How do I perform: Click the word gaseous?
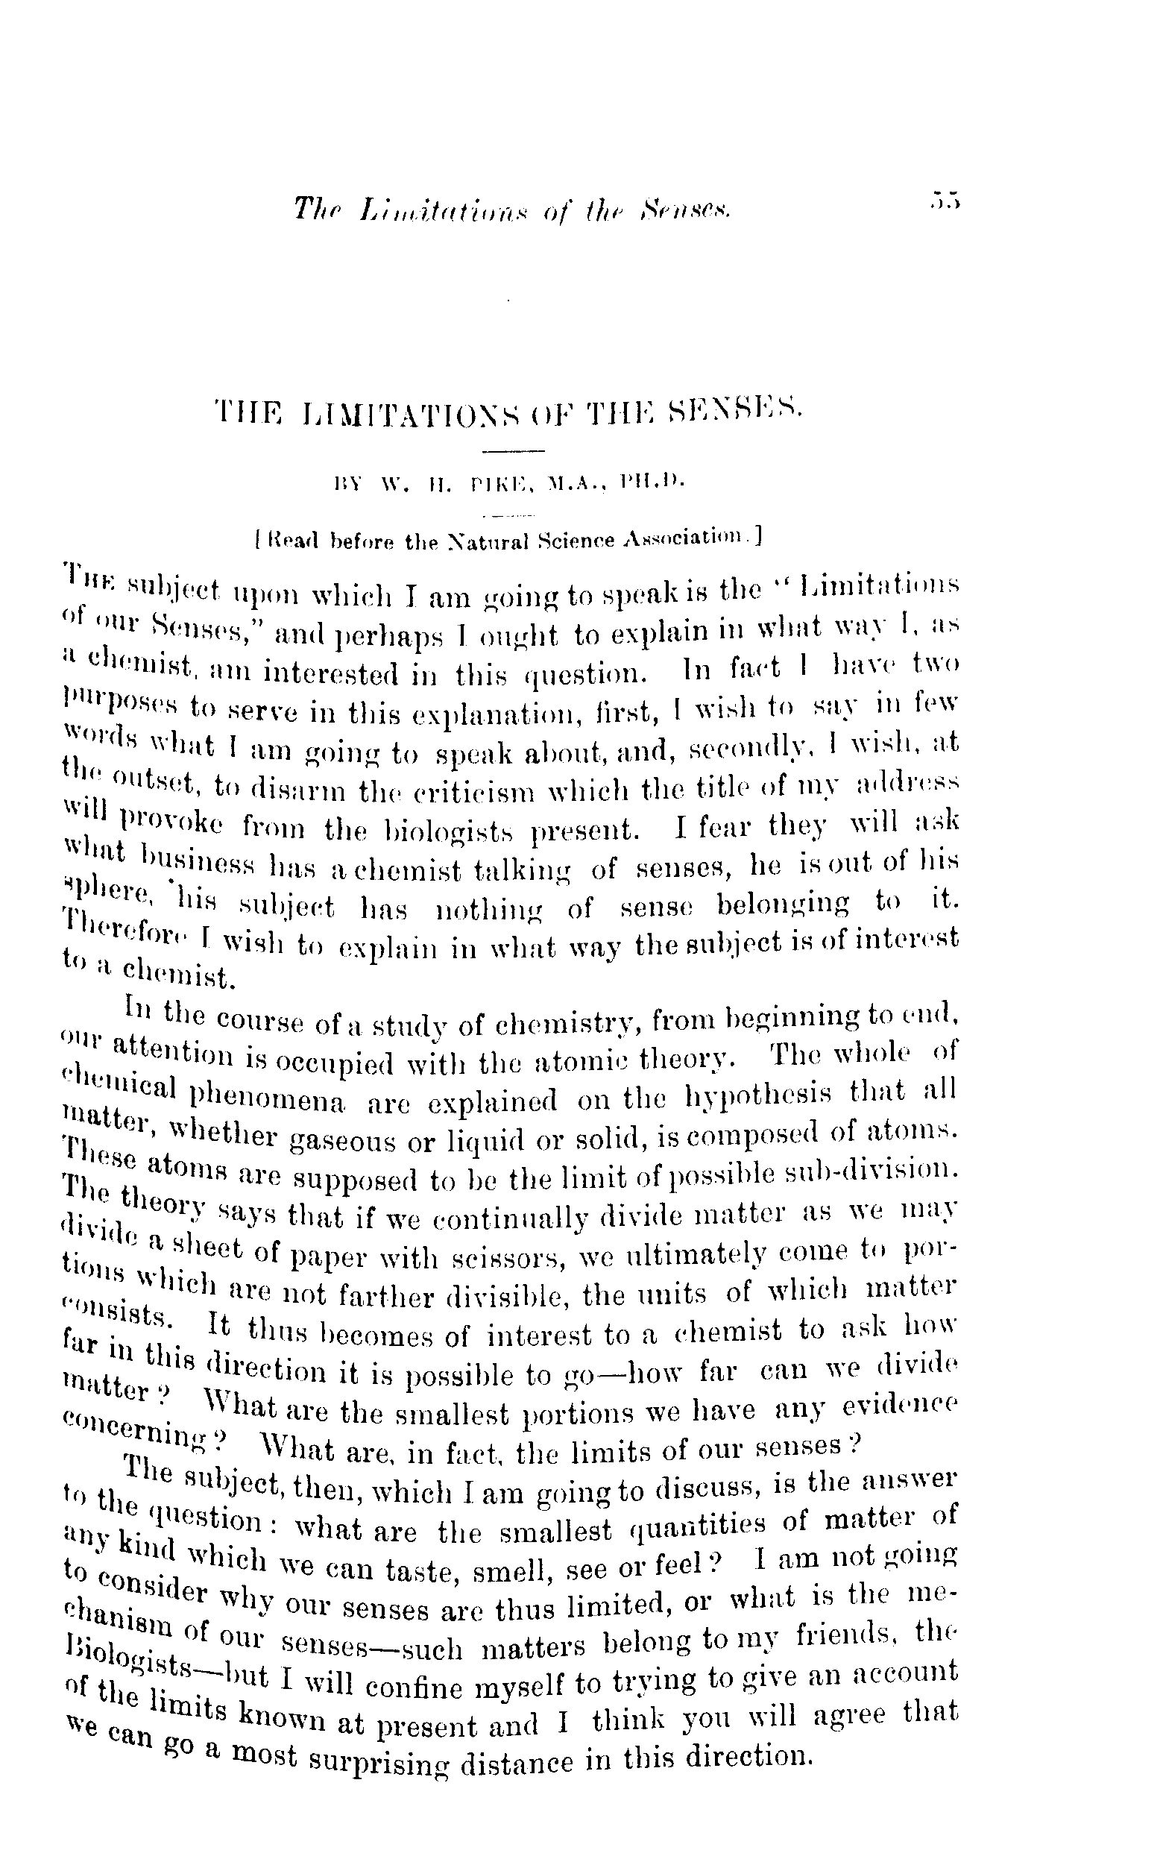(342, 1139)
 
